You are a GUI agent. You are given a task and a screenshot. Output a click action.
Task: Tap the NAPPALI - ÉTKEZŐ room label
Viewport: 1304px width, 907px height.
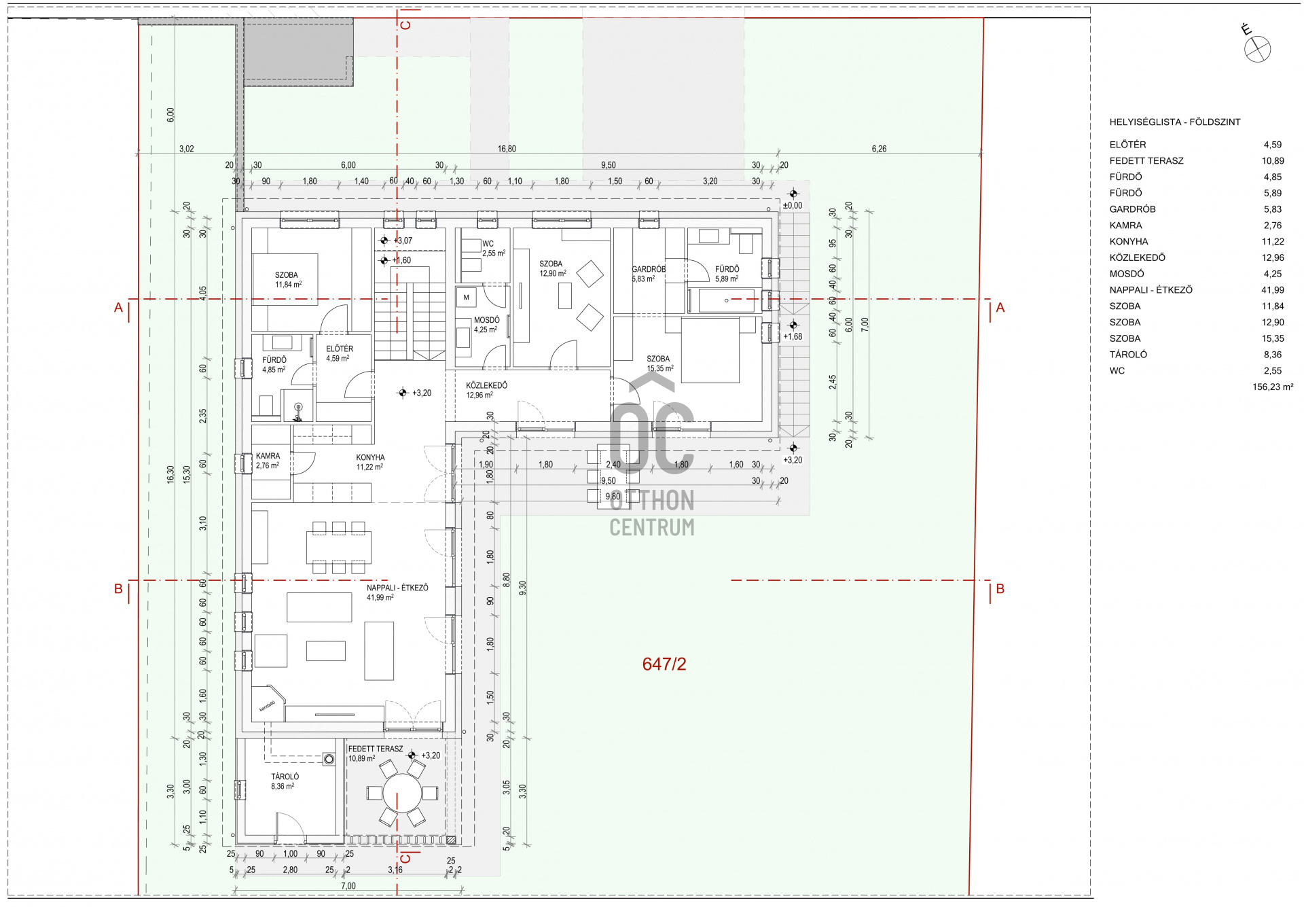[397, 588]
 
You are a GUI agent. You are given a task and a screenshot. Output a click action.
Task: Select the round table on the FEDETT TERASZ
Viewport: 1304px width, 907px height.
[402, 793]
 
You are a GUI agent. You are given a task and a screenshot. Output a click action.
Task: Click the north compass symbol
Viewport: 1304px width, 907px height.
[1257, 49]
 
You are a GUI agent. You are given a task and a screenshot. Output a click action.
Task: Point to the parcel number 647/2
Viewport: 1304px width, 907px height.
[664, 664]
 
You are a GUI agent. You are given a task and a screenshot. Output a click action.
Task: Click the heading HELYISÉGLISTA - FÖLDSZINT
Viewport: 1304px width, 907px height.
[1174, 122]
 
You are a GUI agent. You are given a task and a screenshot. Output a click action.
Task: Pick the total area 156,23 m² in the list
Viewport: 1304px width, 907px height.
[1272, 387]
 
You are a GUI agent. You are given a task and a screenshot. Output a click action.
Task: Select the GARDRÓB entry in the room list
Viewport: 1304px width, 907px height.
[1132, 209]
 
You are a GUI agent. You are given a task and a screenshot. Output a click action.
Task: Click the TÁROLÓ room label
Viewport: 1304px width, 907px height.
[285, 777]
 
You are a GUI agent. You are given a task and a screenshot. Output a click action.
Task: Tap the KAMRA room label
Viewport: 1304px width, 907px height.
[268, 457]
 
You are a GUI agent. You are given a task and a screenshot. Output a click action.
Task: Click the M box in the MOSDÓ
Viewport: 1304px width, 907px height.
[466, 298]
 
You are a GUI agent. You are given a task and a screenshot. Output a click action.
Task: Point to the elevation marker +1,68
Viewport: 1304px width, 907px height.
[793, 336]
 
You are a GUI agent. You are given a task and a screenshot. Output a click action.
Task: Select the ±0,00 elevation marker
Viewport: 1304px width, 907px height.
[793, 205]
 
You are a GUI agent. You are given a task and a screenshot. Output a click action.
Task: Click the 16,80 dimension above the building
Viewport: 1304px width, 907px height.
[507, 149]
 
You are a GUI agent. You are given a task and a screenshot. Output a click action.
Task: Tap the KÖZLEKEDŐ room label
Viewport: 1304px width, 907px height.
[486, 385]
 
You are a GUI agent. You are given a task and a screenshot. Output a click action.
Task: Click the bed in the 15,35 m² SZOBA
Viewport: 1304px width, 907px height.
[710, 350]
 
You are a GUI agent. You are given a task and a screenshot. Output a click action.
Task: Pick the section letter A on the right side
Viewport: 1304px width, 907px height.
[1000, 308]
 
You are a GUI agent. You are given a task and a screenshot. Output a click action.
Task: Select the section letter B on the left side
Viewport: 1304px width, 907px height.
[118, 589]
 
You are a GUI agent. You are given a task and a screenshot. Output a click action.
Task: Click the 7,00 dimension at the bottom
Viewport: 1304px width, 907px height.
[348, 886]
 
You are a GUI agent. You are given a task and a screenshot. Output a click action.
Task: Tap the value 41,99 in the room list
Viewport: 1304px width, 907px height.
[1272, 290]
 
